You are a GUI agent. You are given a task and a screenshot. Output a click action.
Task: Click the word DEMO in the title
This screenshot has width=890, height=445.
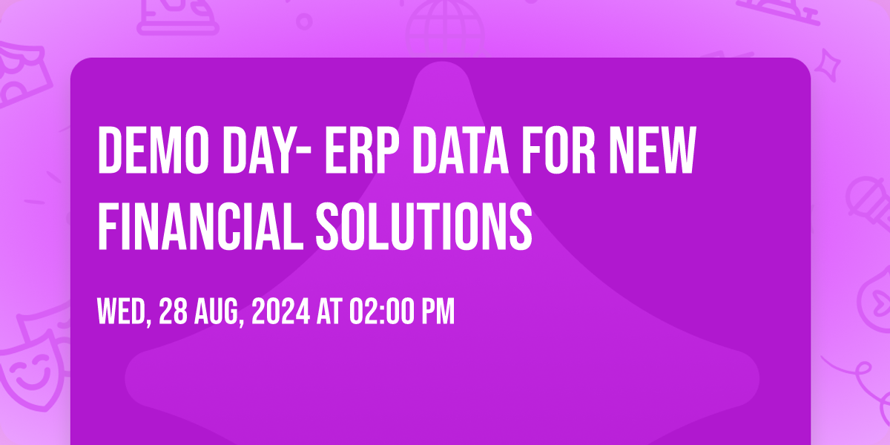coord(154,150)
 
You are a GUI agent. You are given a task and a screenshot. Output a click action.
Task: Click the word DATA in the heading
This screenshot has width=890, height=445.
coord(461,150)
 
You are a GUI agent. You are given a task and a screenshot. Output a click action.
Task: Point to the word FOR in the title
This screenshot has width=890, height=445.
coord(558,150)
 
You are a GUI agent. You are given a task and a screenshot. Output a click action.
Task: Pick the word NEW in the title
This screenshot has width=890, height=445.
coord(653,150)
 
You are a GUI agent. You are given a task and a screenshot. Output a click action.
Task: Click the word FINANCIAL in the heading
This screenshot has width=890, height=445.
coord(200,226)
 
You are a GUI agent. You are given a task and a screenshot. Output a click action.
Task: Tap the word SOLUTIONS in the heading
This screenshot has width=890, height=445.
coord(424,226)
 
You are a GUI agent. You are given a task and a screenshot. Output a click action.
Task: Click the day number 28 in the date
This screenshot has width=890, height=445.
coord(173,312)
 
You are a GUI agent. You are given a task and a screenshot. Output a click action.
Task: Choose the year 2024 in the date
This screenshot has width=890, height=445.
coord(280,312)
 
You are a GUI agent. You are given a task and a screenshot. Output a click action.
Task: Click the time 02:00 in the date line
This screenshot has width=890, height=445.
coord(381,312)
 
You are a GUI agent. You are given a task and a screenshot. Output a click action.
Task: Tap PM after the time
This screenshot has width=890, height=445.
coord(438,312)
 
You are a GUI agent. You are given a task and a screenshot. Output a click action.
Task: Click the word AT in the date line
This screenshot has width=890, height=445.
coord(329,312)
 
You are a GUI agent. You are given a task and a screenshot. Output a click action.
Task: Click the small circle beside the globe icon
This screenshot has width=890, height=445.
coord(304,22)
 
